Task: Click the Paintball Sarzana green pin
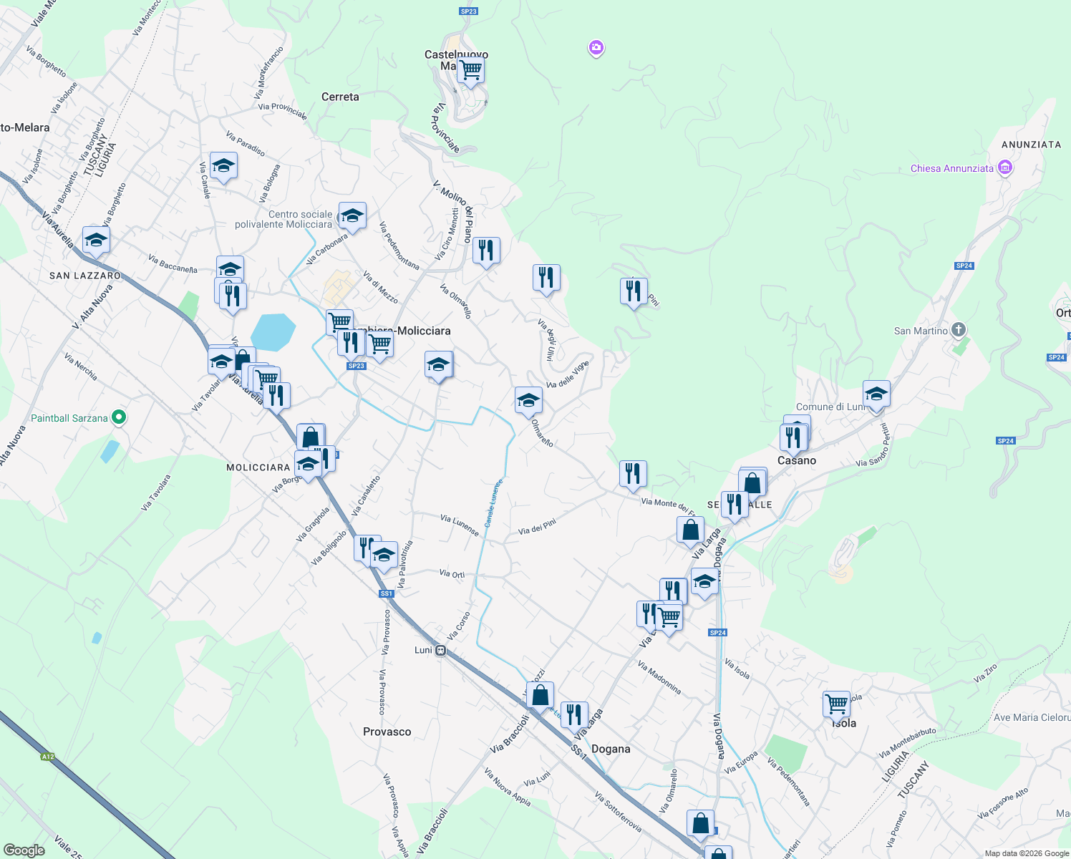(120, 417)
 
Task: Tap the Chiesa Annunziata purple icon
(1004, 168)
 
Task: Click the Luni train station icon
(441, 651)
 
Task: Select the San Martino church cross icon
(959, 330)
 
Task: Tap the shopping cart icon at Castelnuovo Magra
(470, 70)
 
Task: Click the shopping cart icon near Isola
(836, 704)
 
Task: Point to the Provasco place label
(387, 732)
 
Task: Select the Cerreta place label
(340, 97)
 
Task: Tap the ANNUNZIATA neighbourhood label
(1031, 145)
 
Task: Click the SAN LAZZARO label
(85, 276)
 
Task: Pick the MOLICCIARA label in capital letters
(258, 467)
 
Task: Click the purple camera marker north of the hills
(596, 48)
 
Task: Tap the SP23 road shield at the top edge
(468, 11)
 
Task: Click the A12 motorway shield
(48, 757)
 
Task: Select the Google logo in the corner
(24, 850)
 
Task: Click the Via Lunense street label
(459, 525)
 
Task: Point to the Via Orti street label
(452, 574)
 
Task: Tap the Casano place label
(796, 460)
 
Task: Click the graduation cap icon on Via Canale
(223, 165)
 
